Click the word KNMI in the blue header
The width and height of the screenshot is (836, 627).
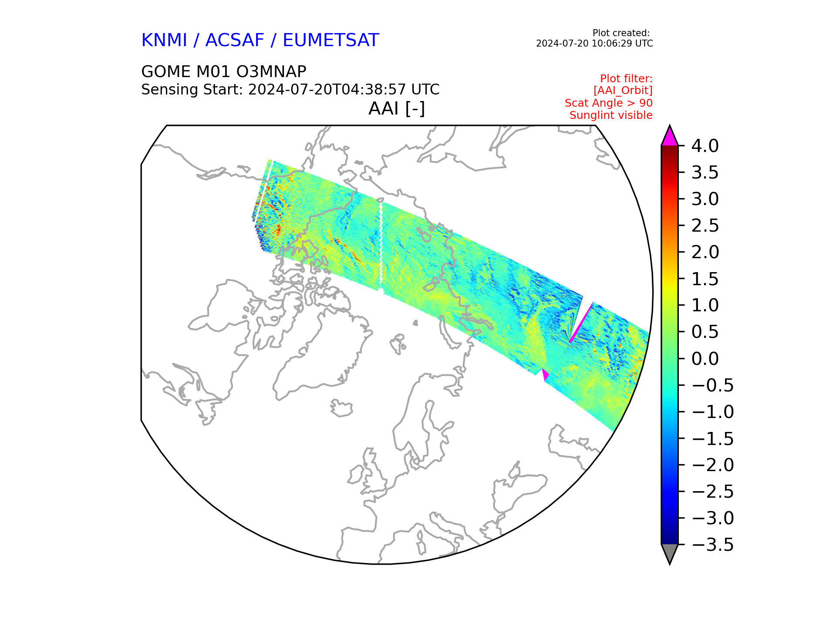(x=164, y=40)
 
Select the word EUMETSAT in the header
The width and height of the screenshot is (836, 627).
(x=331, y=40)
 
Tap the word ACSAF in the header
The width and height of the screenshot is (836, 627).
(x=235, y=40)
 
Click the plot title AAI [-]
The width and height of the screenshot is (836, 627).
(x=397, y=108)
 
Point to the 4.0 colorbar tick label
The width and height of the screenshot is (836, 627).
(x=705, y=146)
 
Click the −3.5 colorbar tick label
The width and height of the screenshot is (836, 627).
(x=712, y=545)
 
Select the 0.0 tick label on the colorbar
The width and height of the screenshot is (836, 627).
(x=705, y=359)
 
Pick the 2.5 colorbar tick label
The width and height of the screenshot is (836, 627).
(x=705, y=226)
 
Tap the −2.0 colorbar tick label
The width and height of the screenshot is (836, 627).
(x=712, y=465)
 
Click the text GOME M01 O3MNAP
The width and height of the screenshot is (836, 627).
(x=224, y=71)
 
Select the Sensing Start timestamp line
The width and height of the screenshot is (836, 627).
(x=290, y=90)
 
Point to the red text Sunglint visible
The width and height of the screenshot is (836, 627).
(x=611, y=115)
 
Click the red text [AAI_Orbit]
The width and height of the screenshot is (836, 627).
(x=623, y=91)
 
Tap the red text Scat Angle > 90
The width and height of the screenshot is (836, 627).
(x=609, y=103)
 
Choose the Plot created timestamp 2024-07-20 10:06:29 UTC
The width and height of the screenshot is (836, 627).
(x=594, y=44)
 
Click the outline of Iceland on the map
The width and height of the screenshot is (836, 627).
(x=341, y=408)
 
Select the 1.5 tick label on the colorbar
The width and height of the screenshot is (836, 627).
(x=705, y=279)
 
